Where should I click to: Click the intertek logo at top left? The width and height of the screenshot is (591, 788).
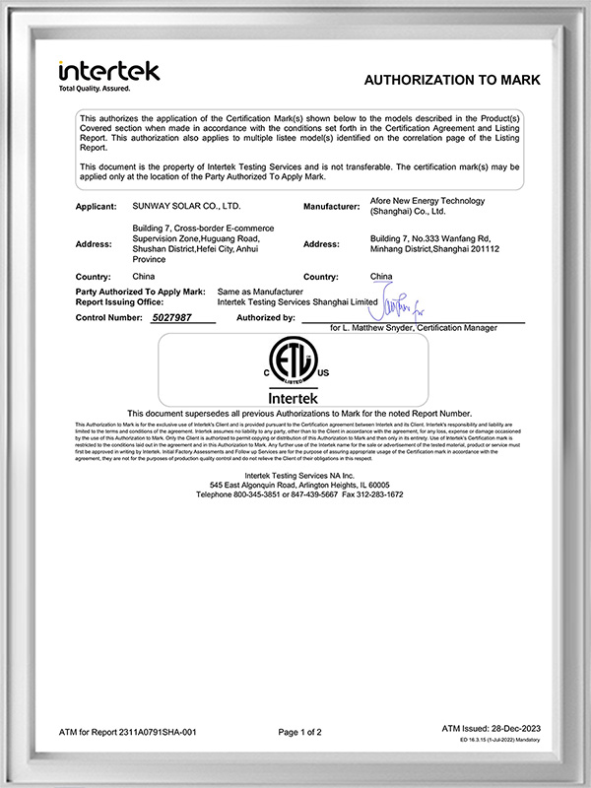pyautogui.click(x=108, y=71)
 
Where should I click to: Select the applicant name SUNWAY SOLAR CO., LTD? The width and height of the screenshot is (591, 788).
pyautogui.click(x=185, y=207)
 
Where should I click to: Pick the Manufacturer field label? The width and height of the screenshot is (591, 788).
pyautogui.click(x=337, y=207)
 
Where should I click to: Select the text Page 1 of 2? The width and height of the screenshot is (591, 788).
pyautogui.click(x=299, y=732)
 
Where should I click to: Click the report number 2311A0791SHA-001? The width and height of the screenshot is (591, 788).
pyautogui.click(x=158, y=732)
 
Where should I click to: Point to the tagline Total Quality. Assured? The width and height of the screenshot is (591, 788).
pyautogui.click(x=97, y=90)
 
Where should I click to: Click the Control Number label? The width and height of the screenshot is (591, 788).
pyautogui.click(x=110, y=319)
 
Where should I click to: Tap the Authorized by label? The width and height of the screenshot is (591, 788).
pyautogui.click(x=265, y=319)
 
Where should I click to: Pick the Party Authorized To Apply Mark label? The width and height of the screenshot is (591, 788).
pyautogui.click(x=139, y=293)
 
